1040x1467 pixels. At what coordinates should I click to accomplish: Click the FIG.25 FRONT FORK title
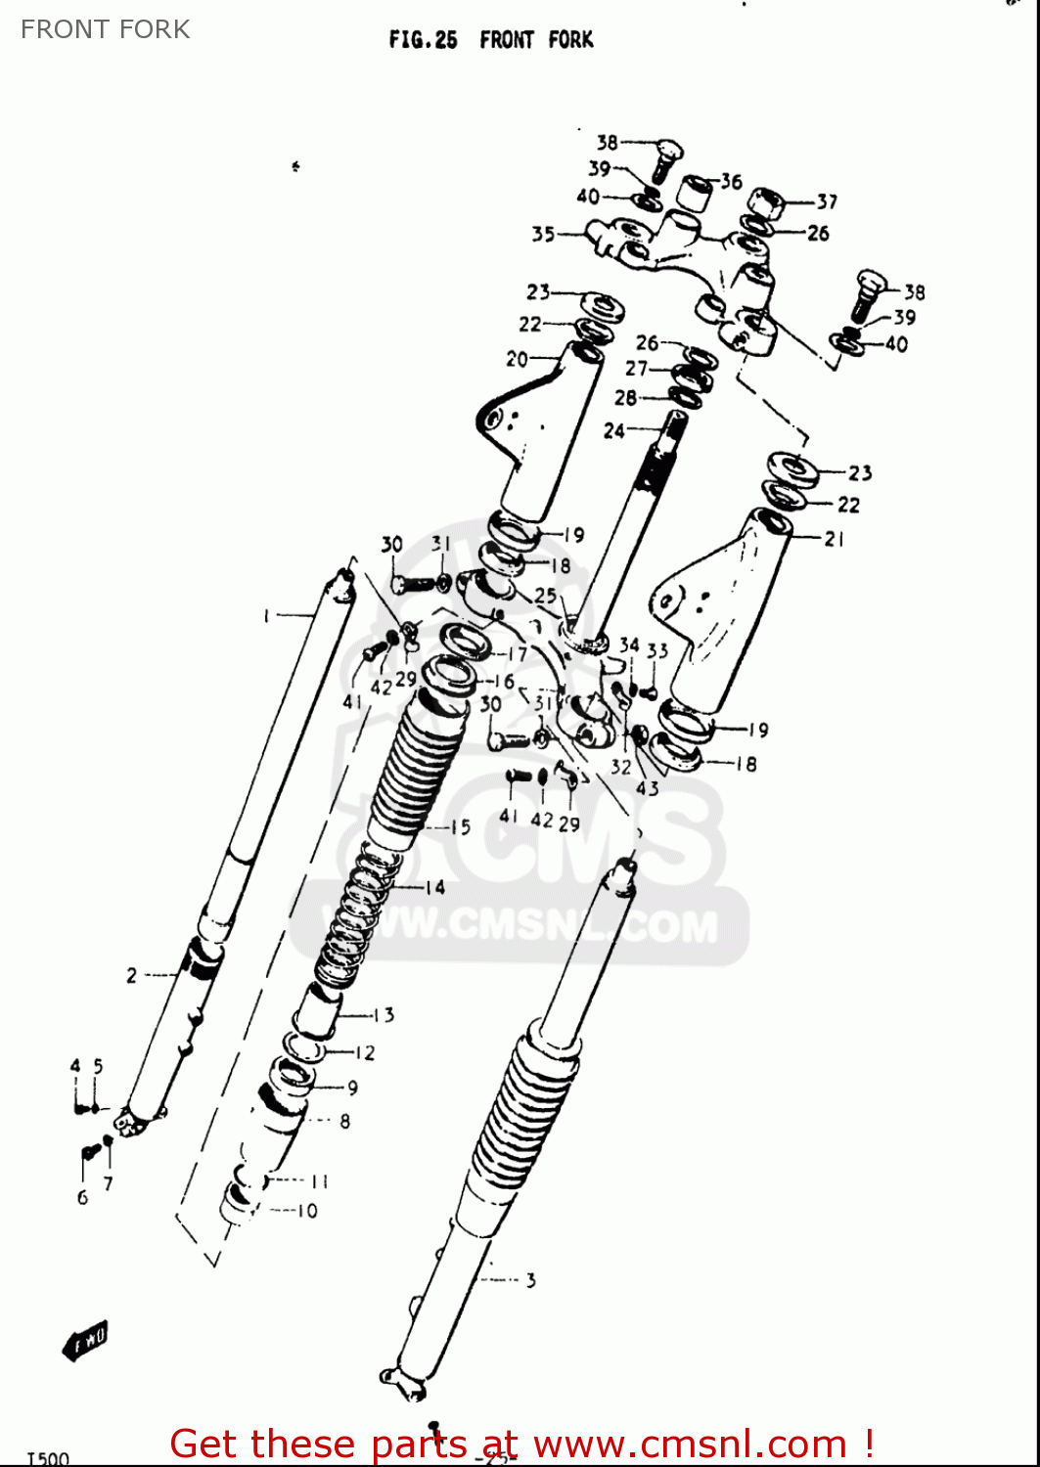click(x=491, y=40)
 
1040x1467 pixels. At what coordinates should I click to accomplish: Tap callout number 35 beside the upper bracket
click(x=543, y=234)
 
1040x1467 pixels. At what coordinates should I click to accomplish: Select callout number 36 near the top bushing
click(x=732, y=181)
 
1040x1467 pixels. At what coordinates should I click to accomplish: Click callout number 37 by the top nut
click(x=827, y=201)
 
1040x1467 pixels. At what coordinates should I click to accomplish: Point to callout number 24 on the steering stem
click(x=613, y=430)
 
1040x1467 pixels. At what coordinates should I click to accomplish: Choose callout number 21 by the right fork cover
click(x=834, y=539)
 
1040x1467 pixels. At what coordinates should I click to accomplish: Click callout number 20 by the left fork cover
click(x=517, y=360)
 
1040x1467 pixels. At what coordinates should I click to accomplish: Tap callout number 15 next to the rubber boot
click(x=460, y=827)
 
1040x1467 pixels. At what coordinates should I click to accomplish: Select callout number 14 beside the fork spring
click(x=434, y=887)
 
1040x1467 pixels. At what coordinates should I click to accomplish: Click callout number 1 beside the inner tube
click(x=265, y=615)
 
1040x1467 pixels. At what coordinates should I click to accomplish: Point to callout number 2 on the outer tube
click(x=131, y=975)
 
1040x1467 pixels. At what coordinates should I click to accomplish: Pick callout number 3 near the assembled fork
click(x=530, y=1280)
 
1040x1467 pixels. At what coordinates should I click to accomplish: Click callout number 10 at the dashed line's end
click(x=307, y=1211)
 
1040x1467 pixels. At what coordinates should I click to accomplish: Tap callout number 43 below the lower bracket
click(x=647, y=787)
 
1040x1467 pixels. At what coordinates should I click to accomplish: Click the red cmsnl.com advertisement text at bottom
click(x=521, y=1444)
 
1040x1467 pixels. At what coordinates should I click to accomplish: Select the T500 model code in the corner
click(x=48, y=1458)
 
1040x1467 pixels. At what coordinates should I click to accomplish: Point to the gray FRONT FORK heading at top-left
click(x=106, y=29)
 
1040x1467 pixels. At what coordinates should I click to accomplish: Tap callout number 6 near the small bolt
click(x=82, y=1197)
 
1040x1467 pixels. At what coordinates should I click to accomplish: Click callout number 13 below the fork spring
click(x=384, y=1015)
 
